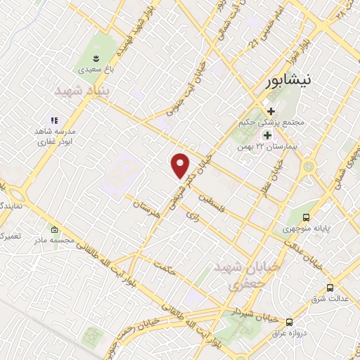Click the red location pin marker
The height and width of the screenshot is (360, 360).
[181, 165]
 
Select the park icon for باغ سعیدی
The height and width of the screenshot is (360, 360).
[97, 56]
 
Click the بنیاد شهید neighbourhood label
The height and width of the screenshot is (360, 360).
[79, 91]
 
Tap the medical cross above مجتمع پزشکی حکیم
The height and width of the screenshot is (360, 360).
[271, 110]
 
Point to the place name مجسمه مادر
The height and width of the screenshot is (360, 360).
[55, 240]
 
